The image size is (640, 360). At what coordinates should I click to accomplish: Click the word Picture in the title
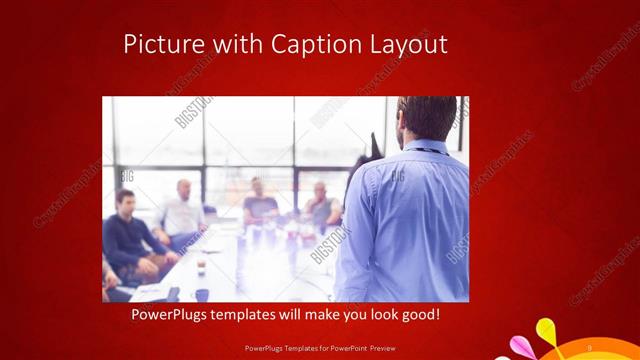click(159, 45)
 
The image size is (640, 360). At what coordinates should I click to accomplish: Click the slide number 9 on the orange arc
click(589, 347)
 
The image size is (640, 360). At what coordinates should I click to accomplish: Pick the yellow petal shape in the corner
click(547, 331)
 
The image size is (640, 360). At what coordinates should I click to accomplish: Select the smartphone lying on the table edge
click(172, 294)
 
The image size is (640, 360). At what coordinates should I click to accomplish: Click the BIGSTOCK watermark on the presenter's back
click(398, 180)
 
